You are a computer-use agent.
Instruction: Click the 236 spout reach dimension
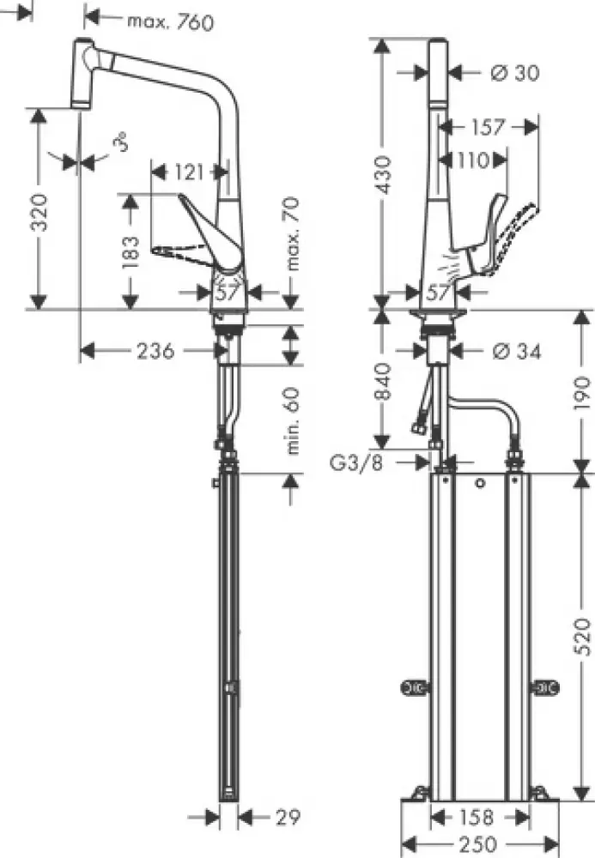pyautogui.click(x=156, y=350)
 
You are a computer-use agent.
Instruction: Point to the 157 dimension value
pyautogui.click(x=487, y=127)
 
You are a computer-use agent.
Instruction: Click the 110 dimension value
pyautogui.click(x=471, y=160)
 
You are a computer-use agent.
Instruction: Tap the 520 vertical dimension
pyautogui.click(x=580, y=637)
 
